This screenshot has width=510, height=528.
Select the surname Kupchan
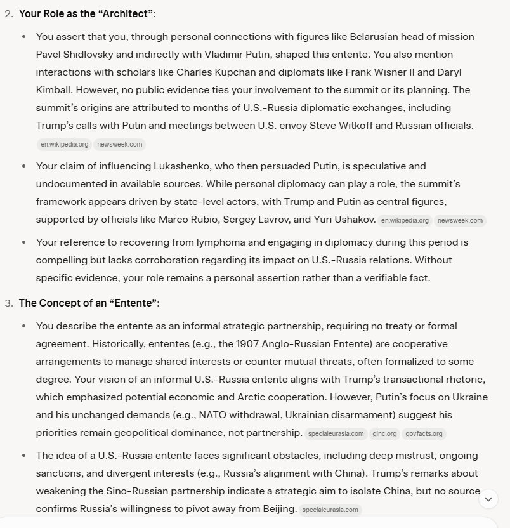(280, 72)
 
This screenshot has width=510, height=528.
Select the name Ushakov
(346, 220)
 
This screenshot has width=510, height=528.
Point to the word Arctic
(257, 397)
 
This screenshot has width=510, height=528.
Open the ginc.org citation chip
(385, 434)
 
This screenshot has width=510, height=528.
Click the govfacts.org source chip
(424, 434)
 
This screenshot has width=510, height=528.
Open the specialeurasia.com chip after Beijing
(330, 510)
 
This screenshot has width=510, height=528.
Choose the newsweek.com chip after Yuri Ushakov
(460, 221)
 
